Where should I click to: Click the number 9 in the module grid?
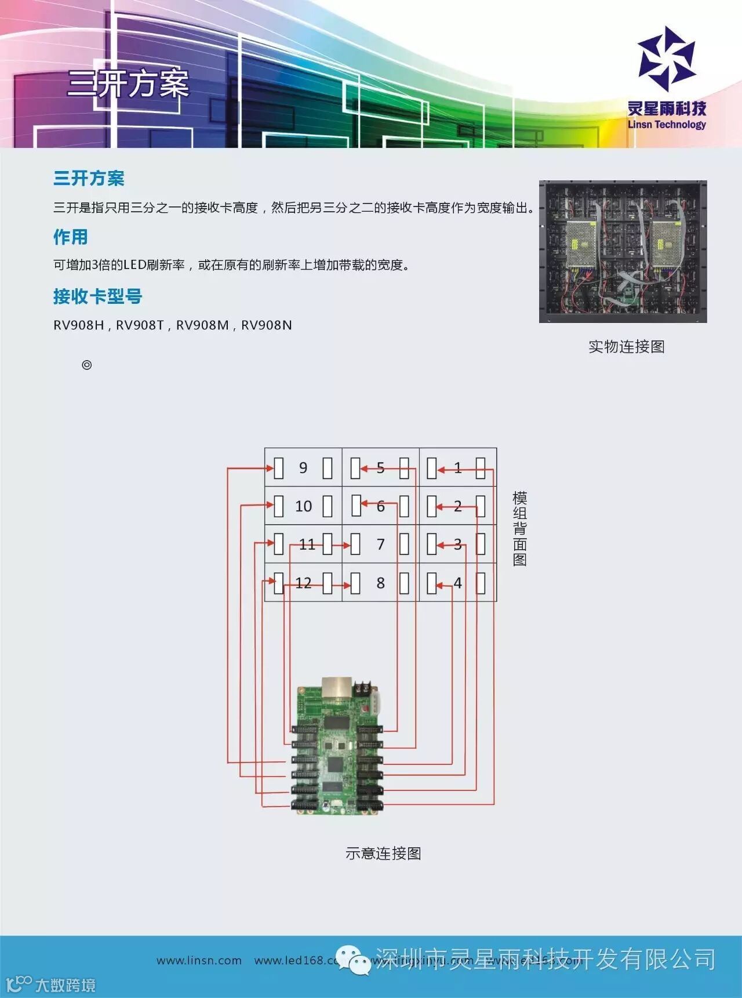(303, 467)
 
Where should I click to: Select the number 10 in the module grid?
(303, 506)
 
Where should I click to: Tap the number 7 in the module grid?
(380, 545)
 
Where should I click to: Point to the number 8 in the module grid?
(380, 583)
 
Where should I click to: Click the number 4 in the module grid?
(458, 583)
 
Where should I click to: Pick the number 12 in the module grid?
(303, 583)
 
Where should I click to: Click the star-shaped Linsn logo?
(666, 59)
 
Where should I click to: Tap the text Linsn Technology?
(667, 124)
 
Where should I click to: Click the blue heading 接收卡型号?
(97, 296)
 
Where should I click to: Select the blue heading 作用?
(71, 237)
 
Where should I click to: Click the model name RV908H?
(78, 325)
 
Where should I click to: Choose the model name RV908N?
(266, 325)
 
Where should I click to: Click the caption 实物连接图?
(626, 347)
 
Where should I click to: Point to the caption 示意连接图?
(383, 853)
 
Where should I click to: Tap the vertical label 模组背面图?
(519, 528)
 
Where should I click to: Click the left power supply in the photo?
(581, 244)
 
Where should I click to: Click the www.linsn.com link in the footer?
(199, 960)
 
